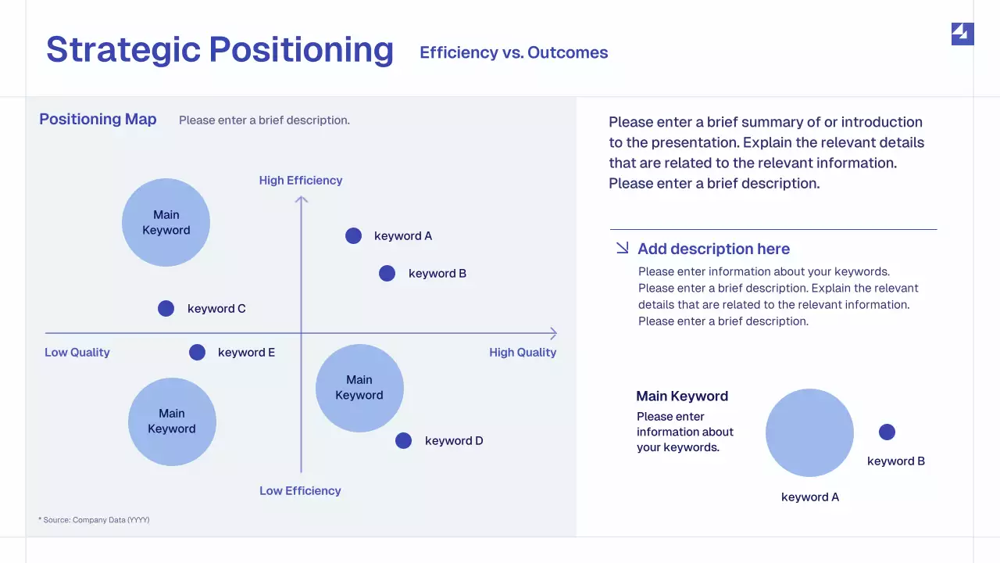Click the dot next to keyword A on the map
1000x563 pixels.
[x=354, y=235]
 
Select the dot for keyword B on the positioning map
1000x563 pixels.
[x=387, y=273]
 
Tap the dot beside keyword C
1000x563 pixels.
[x=166, y=308]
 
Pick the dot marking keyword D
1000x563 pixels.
[x=403, y=440]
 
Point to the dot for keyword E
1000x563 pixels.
[x=197, y=352]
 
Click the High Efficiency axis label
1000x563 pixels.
[x=301, y=181]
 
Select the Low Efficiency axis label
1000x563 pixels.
[x=300, y=491]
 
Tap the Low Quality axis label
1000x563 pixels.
[x=77, y=353]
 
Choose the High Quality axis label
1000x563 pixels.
[x=523, y=353]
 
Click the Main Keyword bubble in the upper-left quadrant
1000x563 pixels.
[x=166, y=223]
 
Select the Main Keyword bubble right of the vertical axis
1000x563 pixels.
[x=359, y=388]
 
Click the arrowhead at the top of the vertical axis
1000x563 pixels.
[x=302, y=200]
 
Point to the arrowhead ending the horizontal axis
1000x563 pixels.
[x=553, y=334]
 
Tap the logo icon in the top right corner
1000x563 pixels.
[x=962, y=34]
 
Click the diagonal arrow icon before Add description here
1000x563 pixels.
[x=622, y=248]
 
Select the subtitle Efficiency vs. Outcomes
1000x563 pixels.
[x=513, y=52]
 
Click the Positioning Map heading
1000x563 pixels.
[x=98, y=120]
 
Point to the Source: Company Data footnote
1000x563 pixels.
[x=94, y=520]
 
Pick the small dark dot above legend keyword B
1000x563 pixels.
[x=887, y=432]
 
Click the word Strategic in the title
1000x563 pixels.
[x=123, y=49]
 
